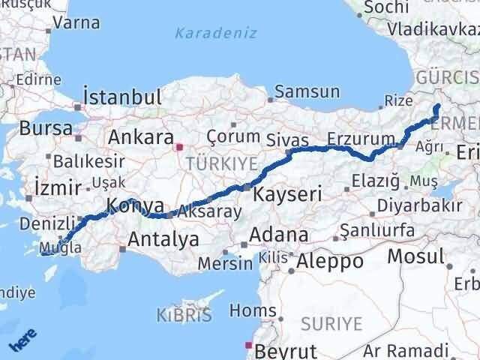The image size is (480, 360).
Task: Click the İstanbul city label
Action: pyautogui.click(x=122, y=97)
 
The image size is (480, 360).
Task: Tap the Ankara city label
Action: pyautogui.click(x=140, y=137)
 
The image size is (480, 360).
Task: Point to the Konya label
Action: pyautogui.click(x=136, y=206)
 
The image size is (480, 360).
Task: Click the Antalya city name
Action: pyautogui.click(x=163, y=240)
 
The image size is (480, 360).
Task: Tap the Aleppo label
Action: pyautogui.click(x=330, y=262)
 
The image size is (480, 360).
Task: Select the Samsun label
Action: pyautogui.click(x=307, y=92)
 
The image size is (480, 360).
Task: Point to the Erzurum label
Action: pyautogui.click(x=361, y=139)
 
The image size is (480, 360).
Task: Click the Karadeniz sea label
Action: pyautogui.click(x=216, y=33)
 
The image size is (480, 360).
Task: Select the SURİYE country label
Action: pyautogui.click(x=331, y=324)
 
